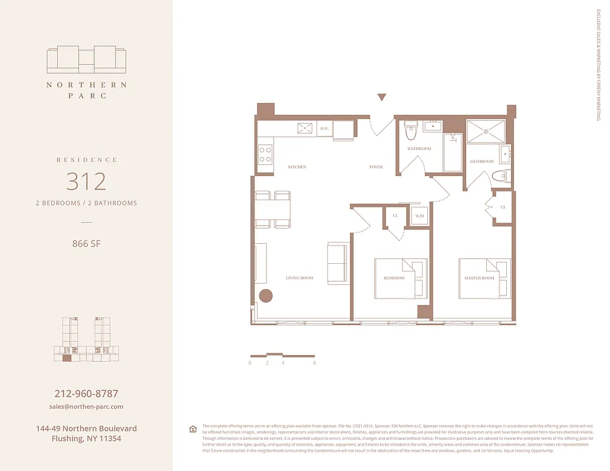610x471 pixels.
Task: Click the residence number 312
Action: point(86,181)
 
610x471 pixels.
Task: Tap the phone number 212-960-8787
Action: point(86,393)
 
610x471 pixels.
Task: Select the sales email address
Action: point(86,407)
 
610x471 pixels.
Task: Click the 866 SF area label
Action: point(86,243)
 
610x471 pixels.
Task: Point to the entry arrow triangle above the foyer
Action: point(382,98)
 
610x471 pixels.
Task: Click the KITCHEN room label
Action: point(297,167)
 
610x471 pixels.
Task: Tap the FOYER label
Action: point(376,167)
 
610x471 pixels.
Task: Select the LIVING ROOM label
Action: point(299,278)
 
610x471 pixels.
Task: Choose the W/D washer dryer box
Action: point(420,216)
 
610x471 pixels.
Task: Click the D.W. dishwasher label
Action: point(324,128)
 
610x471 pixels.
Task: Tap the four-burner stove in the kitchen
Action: point(265,154)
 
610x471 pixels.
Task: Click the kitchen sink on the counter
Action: point(306,128)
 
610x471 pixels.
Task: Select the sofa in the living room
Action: point(338,263)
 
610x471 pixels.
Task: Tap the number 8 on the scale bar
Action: point(315,363)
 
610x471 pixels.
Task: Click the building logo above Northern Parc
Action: point(86,59)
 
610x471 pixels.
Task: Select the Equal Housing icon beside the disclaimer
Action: point(193,429)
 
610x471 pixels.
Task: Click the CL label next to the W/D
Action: point(395,216)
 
